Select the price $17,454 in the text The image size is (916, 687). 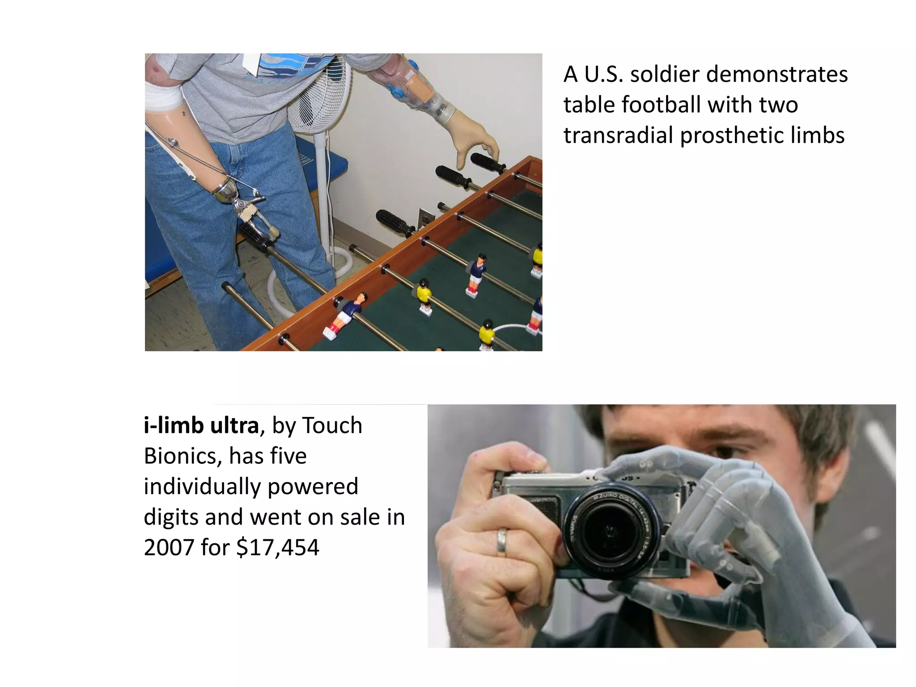278,547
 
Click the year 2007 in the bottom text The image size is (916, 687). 168,547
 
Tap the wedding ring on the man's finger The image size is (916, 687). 502,543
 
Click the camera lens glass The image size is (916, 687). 611,533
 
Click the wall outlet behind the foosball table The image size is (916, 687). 425,218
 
